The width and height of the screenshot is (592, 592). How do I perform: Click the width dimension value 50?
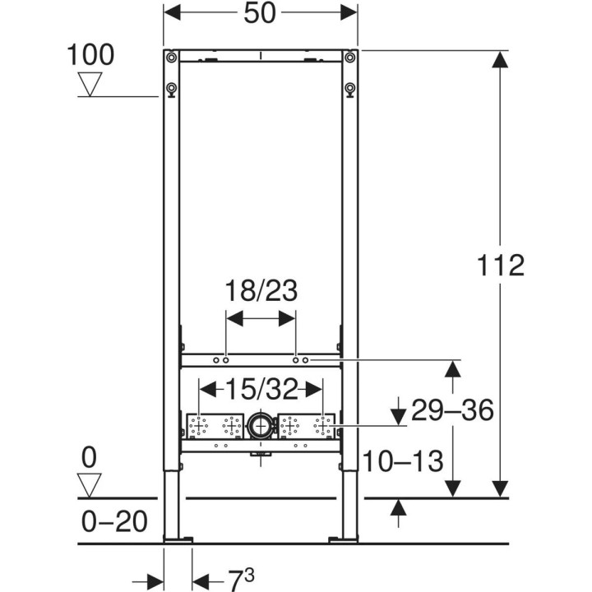[260, 13]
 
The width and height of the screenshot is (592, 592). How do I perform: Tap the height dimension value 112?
[501, 265]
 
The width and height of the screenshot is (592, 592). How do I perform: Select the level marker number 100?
[90, 55]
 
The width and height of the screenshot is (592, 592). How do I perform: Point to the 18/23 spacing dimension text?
[261, 291]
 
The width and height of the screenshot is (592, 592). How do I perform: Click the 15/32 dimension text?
[261, 389]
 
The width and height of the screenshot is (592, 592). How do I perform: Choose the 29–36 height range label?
[452, 410]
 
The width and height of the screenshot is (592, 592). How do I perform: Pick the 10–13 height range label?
[403, 461]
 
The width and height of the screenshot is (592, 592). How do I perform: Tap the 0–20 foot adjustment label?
[114, 522]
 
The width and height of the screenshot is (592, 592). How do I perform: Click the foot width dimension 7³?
[241, 580]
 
